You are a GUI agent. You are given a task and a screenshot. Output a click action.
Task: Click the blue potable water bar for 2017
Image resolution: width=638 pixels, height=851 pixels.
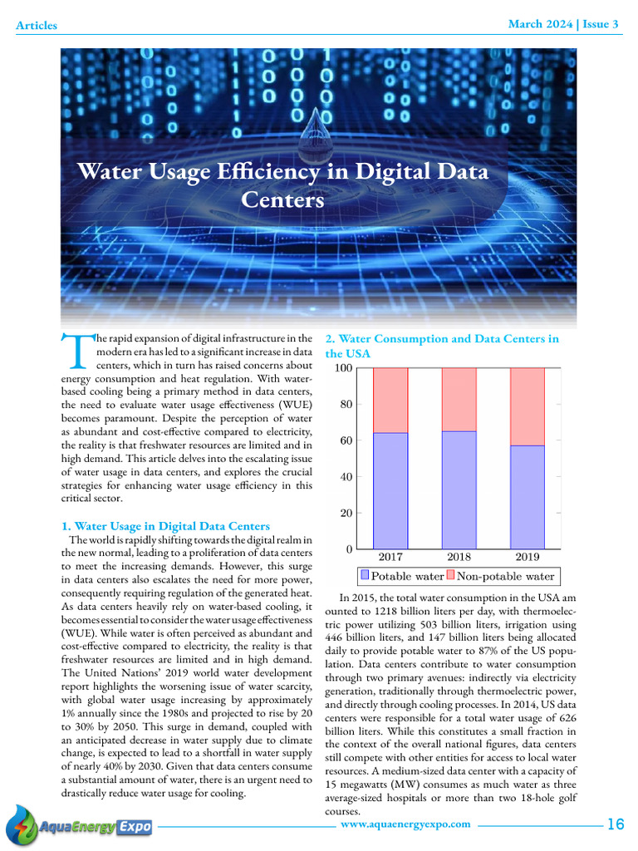(390, 490)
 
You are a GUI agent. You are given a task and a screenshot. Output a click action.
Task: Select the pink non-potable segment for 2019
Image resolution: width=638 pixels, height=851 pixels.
(527, 406)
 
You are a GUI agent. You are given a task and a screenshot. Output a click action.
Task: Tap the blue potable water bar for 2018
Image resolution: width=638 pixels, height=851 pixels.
(459, 489)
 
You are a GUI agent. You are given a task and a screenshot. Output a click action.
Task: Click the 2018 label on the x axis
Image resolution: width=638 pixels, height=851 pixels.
(459, 557)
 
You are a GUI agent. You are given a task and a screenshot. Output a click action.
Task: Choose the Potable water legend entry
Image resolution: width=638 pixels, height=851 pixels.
(402, 576)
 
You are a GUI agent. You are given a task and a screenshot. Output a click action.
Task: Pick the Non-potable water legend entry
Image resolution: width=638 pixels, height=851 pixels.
(500, 576)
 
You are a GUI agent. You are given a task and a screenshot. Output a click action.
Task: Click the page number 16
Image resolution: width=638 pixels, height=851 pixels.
(615, 824)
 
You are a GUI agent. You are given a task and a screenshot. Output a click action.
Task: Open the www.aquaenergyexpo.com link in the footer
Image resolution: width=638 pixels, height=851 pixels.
(405, 824)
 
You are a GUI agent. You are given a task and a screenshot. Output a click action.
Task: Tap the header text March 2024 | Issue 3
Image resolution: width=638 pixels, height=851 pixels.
(563, 24)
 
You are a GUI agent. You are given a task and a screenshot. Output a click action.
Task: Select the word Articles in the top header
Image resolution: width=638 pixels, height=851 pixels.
(37, 25)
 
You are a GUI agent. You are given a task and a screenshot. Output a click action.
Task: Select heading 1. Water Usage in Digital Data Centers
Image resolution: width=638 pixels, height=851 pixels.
(166, 526)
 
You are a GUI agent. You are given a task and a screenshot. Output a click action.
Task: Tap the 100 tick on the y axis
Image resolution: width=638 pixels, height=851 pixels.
(341, 368)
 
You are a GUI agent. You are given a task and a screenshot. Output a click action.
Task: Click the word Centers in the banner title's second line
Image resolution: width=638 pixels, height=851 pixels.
(282, 200)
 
